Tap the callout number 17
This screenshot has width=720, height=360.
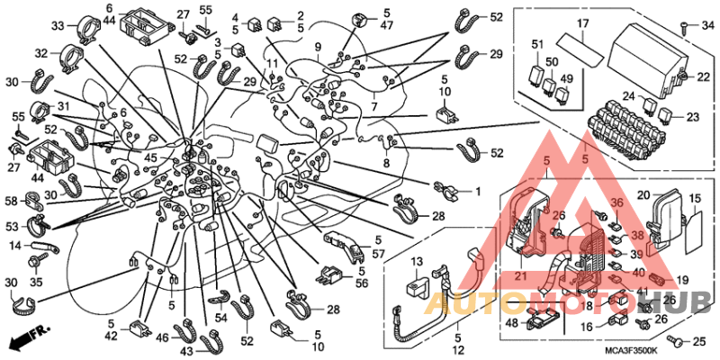coord(582,23)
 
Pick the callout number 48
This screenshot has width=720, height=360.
coord(510,322)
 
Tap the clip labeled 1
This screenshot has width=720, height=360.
coord(445,188)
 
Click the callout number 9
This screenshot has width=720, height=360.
coord(318,47)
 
